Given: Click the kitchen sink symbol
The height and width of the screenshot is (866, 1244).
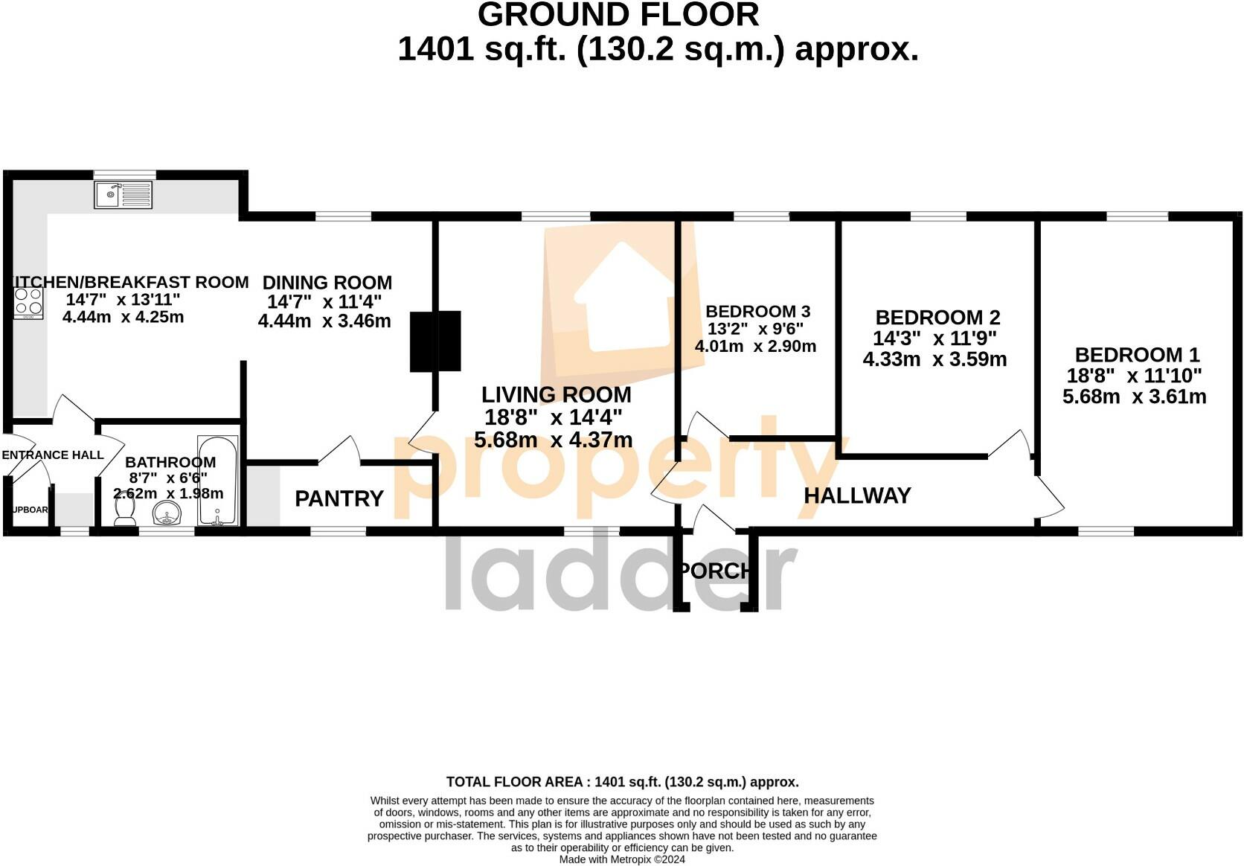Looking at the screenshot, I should [124, 195].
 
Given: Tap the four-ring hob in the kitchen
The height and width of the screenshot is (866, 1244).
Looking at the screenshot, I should [29, 303].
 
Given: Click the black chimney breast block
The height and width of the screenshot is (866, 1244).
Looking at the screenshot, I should [435, 341].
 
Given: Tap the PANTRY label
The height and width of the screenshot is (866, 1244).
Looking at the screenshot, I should [339, 498].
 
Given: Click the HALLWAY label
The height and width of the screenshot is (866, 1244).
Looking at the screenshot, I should [857, 495].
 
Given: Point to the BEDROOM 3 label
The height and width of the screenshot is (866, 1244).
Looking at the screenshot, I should [757, 312].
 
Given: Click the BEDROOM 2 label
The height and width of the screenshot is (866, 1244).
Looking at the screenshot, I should [937, 318].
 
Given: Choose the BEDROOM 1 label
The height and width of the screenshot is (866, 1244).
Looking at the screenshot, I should [1137, 355].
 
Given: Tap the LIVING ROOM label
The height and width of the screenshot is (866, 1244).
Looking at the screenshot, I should [556, 394].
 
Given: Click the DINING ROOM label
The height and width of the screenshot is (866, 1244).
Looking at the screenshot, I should [327, 283].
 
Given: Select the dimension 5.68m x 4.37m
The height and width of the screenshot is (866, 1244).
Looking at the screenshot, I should [553, 440].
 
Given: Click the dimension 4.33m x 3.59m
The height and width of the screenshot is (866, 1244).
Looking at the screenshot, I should [934, 359].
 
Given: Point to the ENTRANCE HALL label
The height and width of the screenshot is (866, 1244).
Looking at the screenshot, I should [52, 455].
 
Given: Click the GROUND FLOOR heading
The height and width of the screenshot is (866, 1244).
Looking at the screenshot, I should [618, 15].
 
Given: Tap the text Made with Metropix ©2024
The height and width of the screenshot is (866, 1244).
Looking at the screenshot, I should [622, 859].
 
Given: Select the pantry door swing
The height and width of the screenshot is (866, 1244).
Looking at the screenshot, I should [342, 449].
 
